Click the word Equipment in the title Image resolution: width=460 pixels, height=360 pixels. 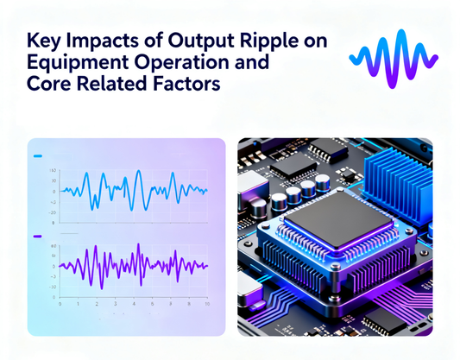coord(72,63)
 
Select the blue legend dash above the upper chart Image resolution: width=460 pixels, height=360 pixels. coord(38,157)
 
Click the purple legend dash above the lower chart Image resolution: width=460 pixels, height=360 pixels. coord(38,235)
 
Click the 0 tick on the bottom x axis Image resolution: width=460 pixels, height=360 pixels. coord(60,304)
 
